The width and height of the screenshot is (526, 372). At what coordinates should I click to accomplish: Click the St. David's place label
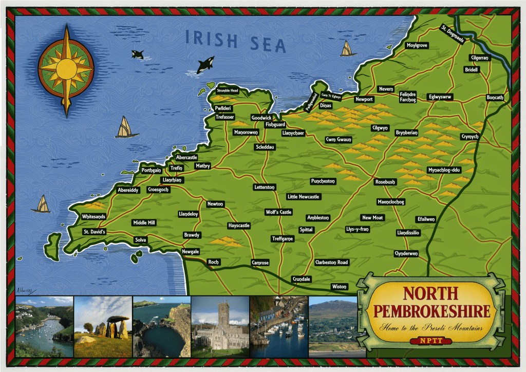(94, 232)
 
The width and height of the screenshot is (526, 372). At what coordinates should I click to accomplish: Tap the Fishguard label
(275, 125)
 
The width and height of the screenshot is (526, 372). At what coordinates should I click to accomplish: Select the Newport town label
(364, 99)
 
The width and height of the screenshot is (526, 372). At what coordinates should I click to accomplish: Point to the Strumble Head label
(228, 91)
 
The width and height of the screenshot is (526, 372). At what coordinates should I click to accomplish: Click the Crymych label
(469, 137)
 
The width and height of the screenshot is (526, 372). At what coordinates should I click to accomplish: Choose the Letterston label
(265, 187)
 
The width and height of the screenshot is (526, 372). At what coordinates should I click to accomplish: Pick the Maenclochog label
(391, 201)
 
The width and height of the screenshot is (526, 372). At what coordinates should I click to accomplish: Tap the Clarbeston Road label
(331, 263)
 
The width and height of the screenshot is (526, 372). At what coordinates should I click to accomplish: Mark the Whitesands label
(93, 217)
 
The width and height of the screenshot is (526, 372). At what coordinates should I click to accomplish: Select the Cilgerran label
(479, 58)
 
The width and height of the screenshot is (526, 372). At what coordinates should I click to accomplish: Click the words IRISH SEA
(235, 41)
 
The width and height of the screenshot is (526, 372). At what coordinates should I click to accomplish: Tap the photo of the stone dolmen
(103, 327)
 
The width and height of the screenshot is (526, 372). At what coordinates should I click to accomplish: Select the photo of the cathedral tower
(220, 327)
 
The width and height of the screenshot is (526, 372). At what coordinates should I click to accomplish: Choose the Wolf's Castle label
(278, 212)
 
